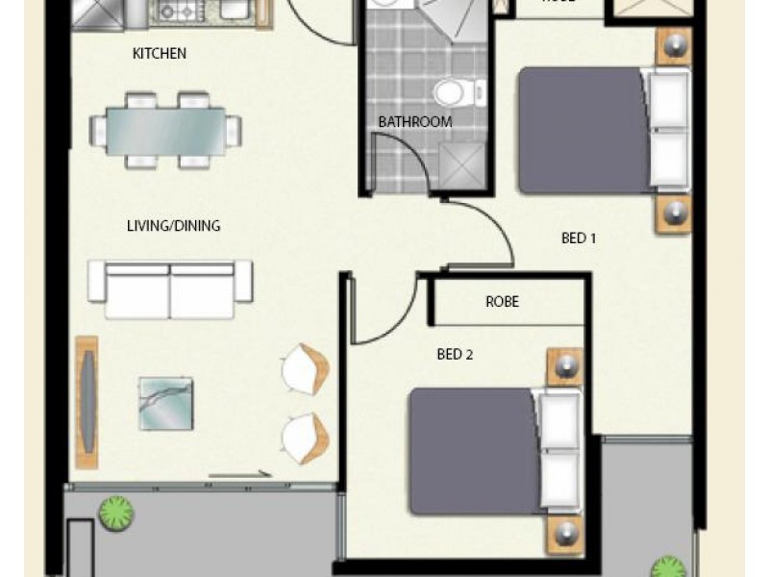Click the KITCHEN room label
(x=159, y=54)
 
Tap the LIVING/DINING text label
(x=173, y=226)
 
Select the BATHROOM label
(x=414, y=122)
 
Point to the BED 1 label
(x=579, y=238)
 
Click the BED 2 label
(x=455, y=354)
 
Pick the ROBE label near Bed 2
(x=502, y=302)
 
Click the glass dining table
(x=166, y=130)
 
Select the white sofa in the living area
(x=170, y=288)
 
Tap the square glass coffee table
(x=165, y=403)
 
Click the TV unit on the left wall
(x=87, y=402)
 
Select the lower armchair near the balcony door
(x=306, y=438)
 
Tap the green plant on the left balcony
(x=115, y=512)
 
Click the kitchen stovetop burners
(x=177, y=11)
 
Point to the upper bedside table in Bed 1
(x=674, y=47)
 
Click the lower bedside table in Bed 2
(x=565, y=533)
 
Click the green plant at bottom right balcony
(x=665, y=567)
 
